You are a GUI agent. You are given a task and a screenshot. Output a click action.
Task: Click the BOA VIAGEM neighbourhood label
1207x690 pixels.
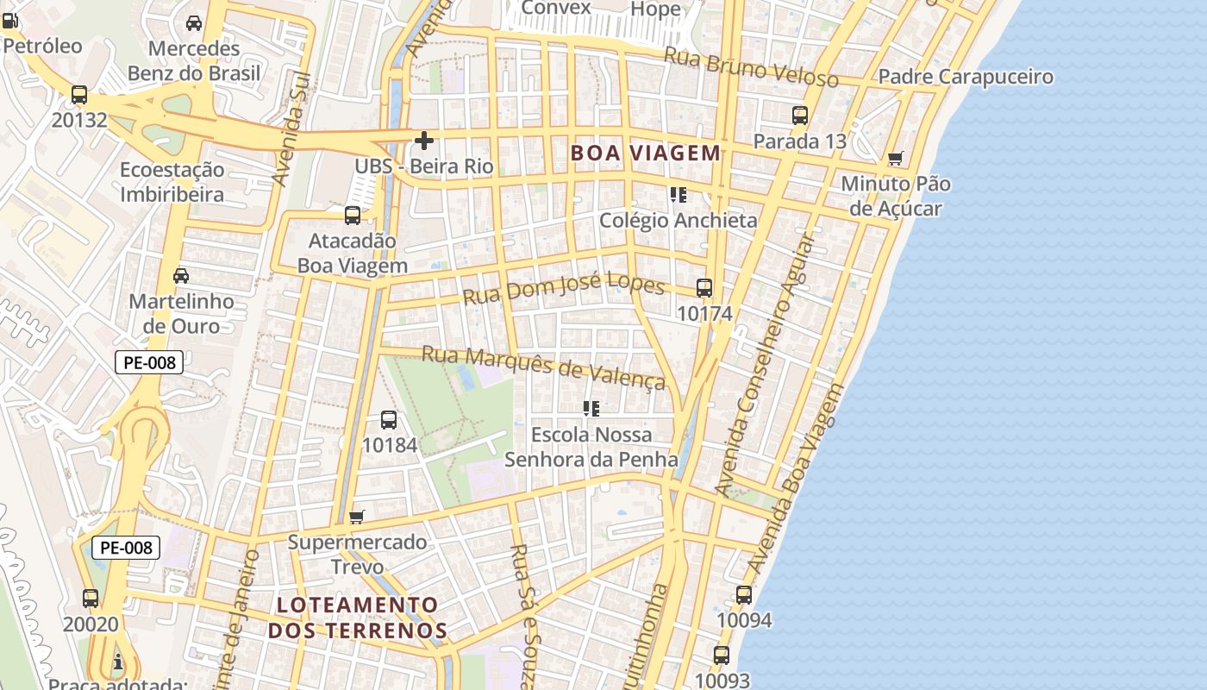pyautogui.click(x=645, y=154)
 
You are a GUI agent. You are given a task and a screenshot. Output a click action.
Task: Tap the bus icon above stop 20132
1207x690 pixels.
pyautogui.click(x=79, y=95)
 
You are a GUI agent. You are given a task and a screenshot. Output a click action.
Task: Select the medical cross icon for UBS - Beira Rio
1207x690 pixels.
pyautogui.click(x=423, y=140)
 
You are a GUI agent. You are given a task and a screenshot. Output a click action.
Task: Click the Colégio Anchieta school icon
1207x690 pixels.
pyautogui.click(x=678, y=195)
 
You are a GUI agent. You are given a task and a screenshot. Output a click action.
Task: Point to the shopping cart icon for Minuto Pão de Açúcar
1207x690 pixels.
pyautogui.click(x=896, y=159)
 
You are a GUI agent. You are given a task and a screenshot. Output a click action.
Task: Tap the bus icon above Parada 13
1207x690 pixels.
pyautogui.click(x=800, y=115)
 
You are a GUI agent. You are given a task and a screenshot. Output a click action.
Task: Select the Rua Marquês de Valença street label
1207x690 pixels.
pyautogui.click(x=543, y=367)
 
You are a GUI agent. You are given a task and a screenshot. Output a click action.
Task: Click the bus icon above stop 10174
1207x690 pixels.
pyautogui.click(x=704, y=288)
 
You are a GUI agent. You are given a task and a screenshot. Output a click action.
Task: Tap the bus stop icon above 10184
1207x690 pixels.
pyautogui.click(x=389, y=420)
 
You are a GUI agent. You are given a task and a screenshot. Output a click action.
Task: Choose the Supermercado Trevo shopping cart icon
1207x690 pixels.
pyautogui.click(x=357, y=517)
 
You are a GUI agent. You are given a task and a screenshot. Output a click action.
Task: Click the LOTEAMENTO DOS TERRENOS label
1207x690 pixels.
pyautogui.click(x=357, y=618)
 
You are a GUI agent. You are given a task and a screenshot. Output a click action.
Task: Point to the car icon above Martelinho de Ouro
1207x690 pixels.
pyautogui.click(x=181, y=276)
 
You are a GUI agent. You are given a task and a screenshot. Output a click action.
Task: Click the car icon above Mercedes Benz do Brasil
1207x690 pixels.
pyautogui.click(x=194, y=23)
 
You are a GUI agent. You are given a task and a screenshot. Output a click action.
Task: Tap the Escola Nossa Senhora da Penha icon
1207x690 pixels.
pyautogui.click(x=591, y=408)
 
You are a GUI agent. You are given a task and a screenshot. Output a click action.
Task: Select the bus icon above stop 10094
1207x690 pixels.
pyautogui.click(x=744, y=595)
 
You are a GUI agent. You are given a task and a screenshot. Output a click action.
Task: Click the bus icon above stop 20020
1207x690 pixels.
pyautogui.click(x=91, y=598)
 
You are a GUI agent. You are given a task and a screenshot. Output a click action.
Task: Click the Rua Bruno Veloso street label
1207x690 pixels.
pyautogui.click(x=750, y=67)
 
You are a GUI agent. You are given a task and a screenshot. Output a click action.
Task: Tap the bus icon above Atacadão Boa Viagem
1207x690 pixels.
pyautogui.click(x=353, y=216)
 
